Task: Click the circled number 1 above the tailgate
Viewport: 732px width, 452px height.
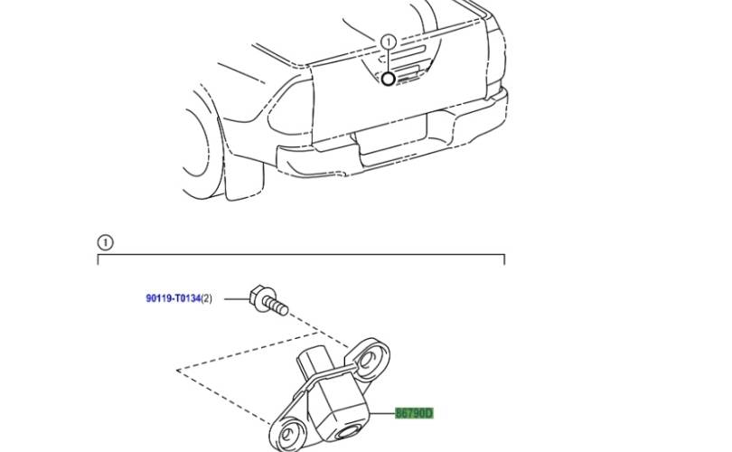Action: [389, 42]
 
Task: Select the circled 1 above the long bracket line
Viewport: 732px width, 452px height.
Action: [105, 243]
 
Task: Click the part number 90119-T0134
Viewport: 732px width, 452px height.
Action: [174, 298]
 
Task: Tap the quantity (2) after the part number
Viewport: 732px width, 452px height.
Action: [206, 298]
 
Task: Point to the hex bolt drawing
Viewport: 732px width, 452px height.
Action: [268, 300]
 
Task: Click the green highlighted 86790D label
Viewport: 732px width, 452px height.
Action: [414, 413]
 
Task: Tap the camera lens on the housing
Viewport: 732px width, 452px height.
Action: [347, 431]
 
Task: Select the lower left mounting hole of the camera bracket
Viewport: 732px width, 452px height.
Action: [291, 432]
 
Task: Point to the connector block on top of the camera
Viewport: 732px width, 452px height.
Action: [315, 362]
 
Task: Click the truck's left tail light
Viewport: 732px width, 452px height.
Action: [290, 109]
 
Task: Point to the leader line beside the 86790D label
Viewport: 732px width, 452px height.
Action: [382, 413]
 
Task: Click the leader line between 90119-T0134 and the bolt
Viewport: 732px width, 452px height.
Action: [237, 299]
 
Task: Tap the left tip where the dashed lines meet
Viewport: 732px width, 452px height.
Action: [177, 371]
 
